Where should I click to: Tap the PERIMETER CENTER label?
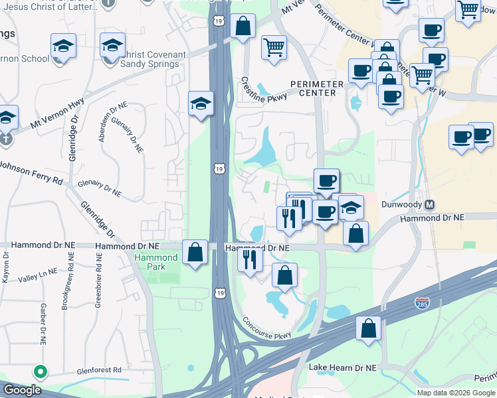316,88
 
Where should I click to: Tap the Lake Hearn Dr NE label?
343,367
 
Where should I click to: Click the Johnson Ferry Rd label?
31,171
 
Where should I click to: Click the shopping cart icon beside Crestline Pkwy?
274,47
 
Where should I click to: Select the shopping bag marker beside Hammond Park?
195,253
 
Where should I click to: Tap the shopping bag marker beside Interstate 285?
368,328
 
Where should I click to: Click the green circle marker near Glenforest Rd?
41,372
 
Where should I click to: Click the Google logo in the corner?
22,390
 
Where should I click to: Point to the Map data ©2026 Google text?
456,393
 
